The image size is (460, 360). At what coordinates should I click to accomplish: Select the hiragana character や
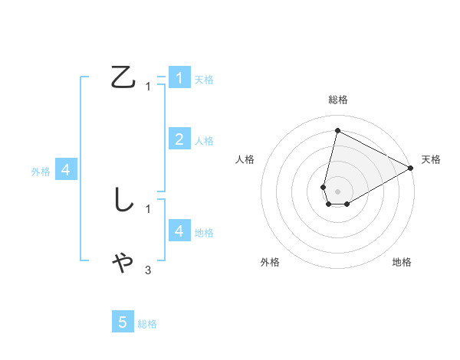123,262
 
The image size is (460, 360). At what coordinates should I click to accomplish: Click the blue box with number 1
179,77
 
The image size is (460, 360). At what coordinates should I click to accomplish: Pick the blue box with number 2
179,139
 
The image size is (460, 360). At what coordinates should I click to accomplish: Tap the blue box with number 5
123,322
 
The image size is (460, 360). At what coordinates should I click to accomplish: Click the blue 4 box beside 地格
179,231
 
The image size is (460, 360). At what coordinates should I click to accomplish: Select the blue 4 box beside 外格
66,170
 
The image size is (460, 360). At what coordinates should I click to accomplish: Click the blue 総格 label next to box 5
147,324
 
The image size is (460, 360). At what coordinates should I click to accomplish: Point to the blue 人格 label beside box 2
204,141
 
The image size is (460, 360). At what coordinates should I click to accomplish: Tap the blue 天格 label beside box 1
204,80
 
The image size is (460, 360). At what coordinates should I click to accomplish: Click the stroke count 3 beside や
148,270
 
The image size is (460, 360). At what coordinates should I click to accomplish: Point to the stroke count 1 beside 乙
148,87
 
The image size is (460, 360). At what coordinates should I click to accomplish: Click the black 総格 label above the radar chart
337,100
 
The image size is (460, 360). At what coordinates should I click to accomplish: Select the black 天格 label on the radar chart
431,159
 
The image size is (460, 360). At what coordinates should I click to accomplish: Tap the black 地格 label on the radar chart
402,262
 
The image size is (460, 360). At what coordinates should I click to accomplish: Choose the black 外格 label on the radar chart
270,262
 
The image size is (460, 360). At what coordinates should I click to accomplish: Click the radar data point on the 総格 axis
337,130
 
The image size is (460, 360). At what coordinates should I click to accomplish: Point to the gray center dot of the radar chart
337,191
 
